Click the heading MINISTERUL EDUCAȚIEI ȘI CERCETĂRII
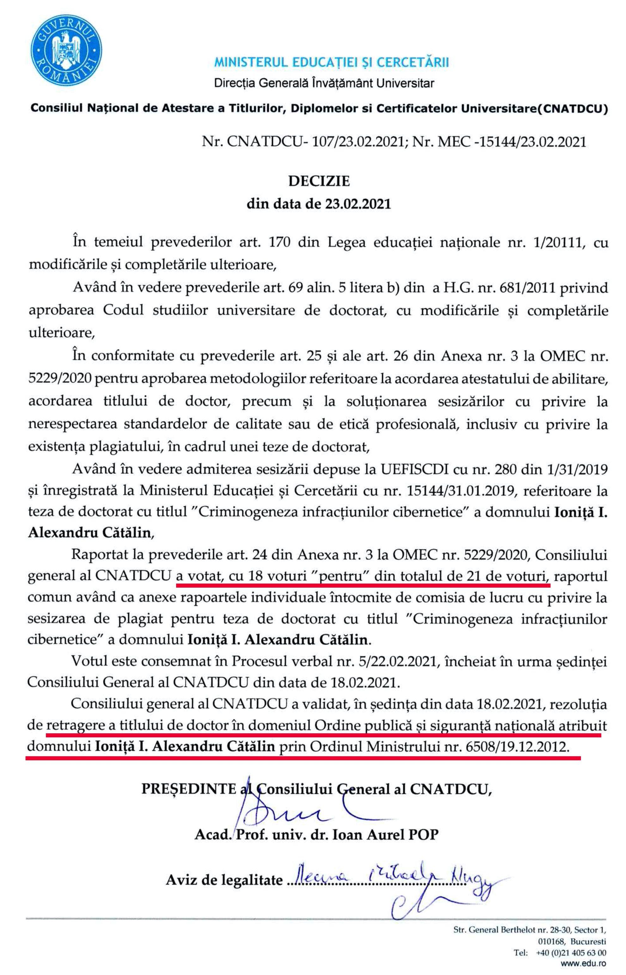[x=331, y=62]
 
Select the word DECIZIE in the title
[x=319, y=181]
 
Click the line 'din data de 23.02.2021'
[x=319, y=203]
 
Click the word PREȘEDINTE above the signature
[x=188, y=789]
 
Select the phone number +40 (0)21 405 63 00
[x=571, y=953]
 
